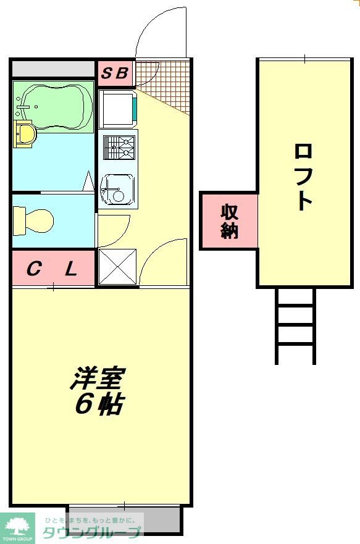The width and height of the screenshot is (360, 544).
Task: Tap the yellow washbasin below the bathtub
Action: [24, 133]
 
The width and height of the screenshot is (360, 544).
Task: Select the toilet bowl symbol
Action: [35, 219]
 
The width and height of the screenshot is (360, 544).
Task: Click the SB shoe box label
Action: [115, 73]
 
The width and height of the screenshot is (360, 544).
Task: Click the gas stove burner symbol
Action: [118, 148]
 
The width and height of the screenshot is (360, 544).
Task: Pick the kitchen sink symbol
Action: [117, 188]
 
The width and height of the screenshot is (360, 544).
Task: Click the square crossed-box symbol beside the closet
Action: [117, 267]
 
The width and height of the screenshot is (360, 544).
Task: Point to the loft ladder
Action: [296, 325]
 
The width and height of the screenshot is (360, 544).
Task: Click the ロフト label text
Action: [303, 176]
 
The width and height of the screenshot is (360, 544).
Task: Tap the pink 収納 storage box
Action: [229, 221]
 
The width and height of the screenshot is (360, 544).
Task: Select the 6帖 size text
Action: [99, 404]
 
